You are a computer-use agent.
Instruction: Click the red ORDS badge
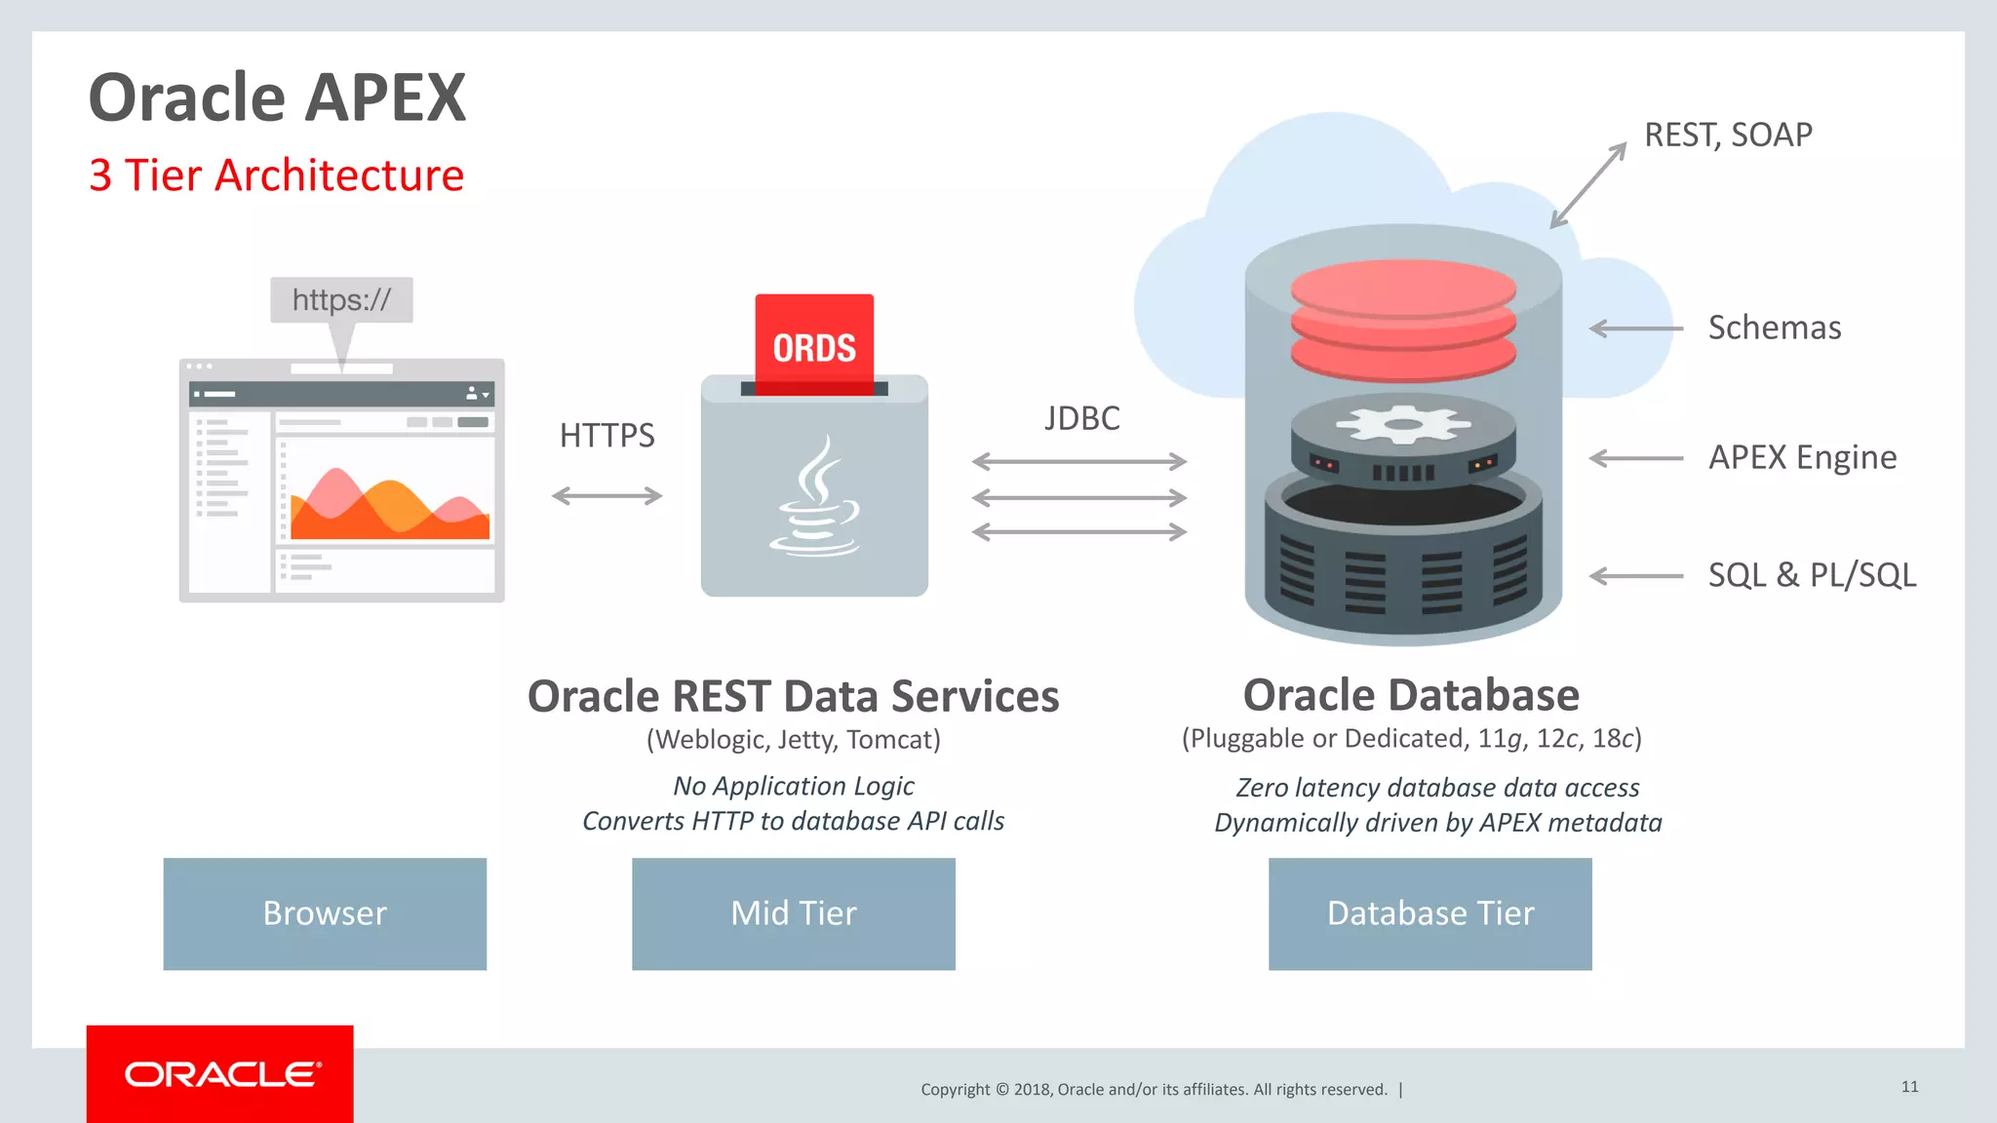point(814,343)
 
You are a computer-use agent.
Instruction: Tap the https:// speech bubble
point(341,300)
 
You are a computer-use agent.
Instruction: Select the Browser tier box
point(325,913)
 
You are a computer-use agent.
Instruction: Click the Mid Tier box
point(794,913)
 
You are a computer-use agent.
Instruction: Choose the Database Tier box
point(1430,913)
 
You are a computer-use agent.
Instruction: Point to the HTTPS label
point(607,435)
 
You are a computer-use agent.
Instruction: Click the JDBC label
point(1081,418)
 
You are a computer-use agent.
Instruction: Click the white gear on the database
point(1403,425)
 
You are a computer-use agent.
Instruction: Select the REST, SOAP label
point(1728,135)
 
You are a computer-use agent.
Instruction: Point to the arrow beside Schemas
point(1636,329)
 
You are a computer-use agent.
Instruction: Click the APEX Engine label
point(1802,457)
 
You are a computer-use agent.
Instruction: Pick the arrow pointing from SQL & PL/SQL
point(1636,576)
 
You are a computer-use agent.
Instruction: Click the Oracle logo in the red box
point(221,1074)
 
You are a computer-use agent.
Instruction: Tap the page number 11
point(1909,1086)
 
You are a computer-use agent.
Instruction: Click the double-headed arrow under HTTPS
point(607,496)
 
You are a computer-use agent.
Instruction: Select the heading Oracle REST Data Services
point(793,696)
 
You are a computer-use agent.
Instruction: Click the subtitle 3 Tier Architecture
point(277,175)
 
